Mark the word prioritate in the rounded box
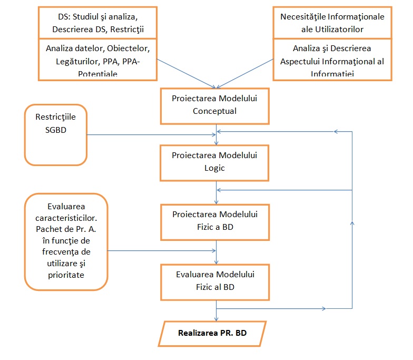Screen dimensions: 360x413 coord(66,275)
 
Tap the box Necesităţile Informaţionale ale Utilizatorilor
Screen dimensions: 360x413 coord(332,22)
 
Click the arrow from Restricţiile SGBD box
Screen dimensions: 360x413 coord(153,135)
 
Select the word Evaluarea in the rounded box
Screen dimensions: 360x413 coord(66,205)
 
